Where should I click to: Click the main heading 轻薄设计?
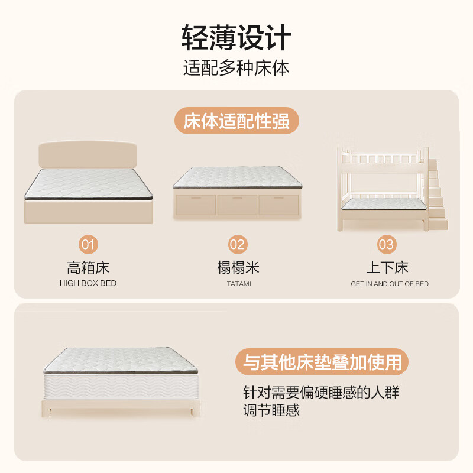236,38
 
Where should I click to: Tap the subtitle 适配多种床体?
236,68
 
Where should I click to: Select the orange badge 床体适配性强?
236,122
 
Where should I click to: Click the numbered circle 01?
88,244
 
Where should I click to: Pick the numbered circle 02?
238,244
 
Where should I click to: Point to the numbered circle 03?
387,244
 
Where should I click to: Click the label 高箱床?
88,268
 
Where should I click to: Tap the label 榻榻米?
238,268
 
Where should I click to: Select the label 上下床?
387,268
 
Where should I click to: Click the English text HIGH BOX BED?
88,284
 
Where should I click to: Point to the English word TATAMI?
238,284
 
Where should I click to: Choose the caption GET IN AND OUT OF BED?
389,284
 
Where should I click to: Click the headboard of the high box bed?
89,155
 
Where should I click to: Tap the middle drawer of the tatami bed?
237,205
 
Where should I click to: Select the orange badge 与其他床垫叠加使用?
322,362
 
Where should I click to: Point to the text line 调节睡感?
271,410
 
